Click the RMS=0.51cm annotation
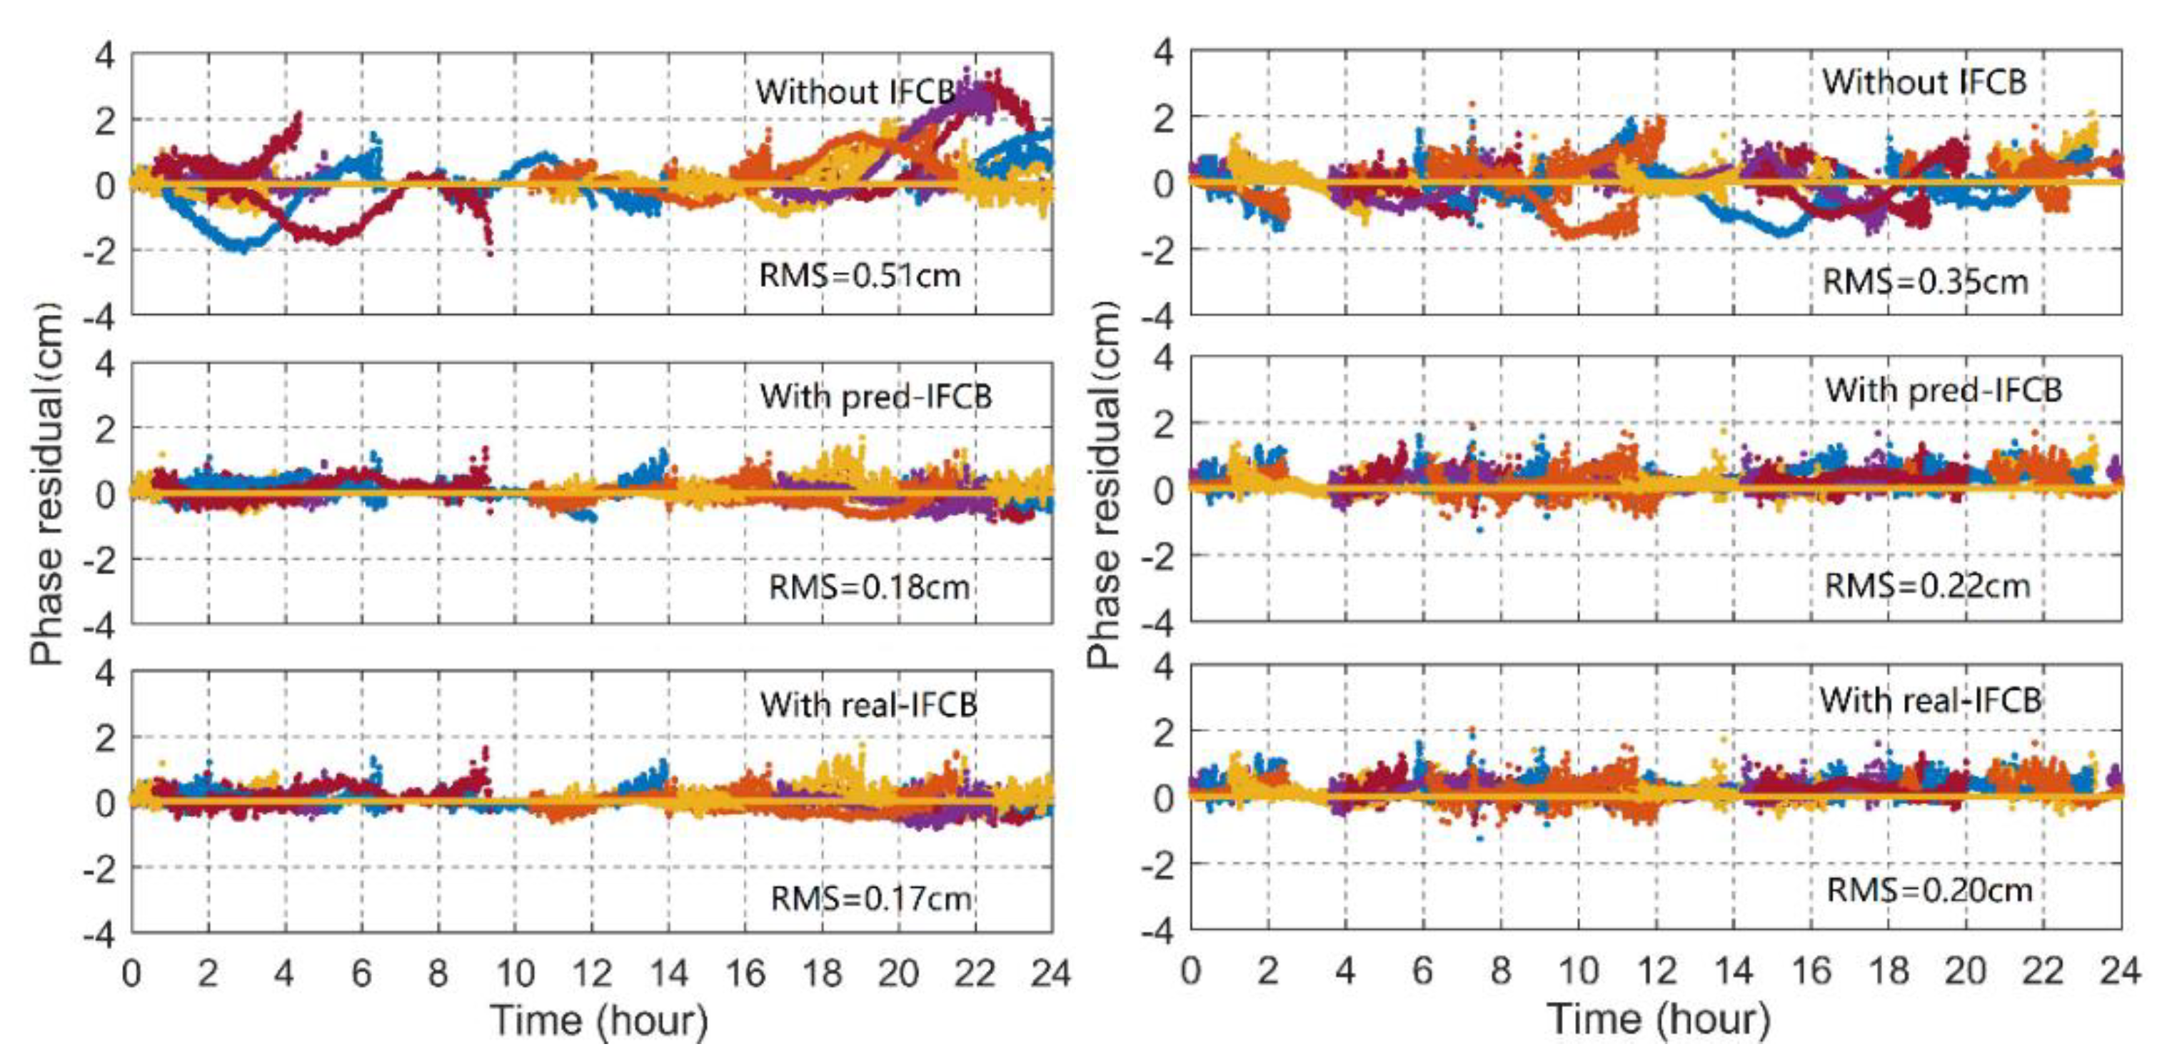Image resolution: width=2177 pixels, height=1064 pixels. (x=860, y=276)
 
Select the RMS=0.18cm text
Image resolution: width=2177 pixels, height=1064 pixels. (x=869, y=586)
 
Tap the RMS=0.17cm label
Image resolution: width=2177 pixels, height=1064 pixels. (x=870, y=898)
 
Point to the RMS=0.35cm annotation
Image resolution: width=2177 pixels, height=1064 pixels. (x=1925, y=281)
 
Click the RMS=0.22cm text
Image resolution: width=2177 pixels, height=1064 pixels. (x=1927, y=585)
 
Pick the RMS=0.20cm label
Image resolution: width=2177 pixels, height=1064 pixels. (x=1929, y=890)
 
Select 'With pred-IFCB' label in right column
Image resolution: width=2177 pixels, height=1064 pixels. (x=1943, y=390)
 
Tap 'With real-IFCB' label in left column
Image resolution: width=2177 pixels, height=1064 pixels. (x=868, y=704)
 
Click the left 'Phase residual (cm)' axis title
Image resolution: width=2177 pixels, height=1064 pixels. (x=46, y=483)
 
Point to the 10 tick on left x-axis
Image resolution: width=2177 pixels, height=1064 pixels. (x=515, y=973)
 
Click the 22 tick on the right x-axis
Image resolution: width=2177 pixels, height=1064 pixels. (x=2043, y=971)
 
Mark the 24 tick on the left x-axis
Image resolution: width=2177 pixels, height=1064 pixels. (x=1050, y=973)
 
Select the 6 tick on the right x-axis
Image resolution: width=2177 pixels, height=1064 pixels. (x=1423, y=971)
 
